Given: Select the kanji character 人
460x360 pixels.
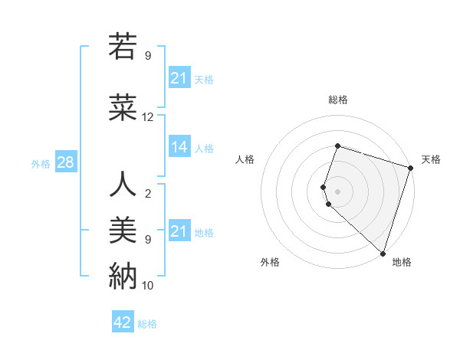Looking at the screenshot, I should [123, 185].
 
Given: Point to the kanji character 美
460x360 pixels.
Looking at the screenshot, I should [123, 230].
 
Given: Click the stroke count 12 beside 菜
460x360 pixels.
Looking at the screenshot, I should [148, 117].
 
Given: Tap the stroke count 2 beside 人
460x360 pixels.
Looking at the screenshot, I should [148, 194].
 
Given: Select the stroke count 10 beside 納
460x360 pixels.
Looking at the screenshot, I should [148, 286].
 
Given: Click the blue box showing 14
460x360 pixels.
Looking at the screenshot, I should [179, 147].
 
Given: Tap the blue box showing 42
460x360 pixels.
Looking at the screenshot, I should [123, 322].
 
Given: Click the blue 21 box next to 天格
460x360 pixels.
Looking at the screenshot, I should [179, 78].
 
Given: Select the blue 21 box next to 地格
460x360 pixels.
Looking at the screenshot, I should [179, 231].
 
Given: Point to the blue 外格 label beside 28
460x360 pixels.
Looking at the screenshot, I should [41, 163].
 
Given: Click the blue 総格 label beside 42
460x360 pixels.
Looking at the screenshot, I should [147, 324].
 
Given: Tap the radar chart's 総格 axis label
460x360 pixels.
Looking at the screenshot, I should [338, 100].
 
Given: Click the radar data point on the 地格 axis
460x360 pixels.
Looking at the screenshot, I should [383, 253].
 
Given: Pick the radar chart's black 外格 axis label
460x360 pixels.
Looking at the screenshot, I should [270, 262].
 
